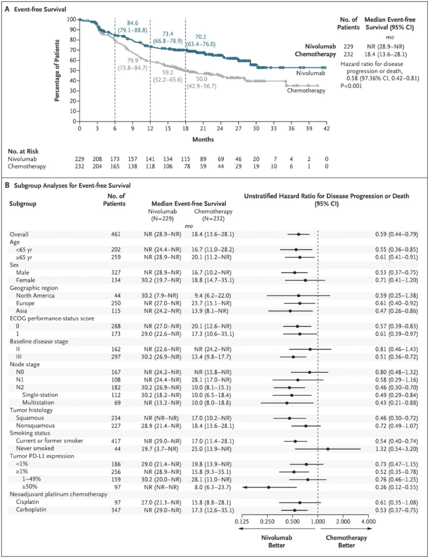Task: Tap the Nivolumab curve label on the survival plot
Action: coord(311,72)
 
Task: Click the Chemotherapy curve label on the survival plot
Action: coord(306,91)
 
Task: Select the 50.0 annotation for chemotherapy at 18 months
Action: coord(201,79)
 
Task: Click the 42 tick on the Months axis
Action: coord(326,128)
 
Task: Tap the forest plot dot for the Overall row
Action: coord(298,234)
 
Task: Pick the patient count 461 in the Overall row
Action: coord(116,234)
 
